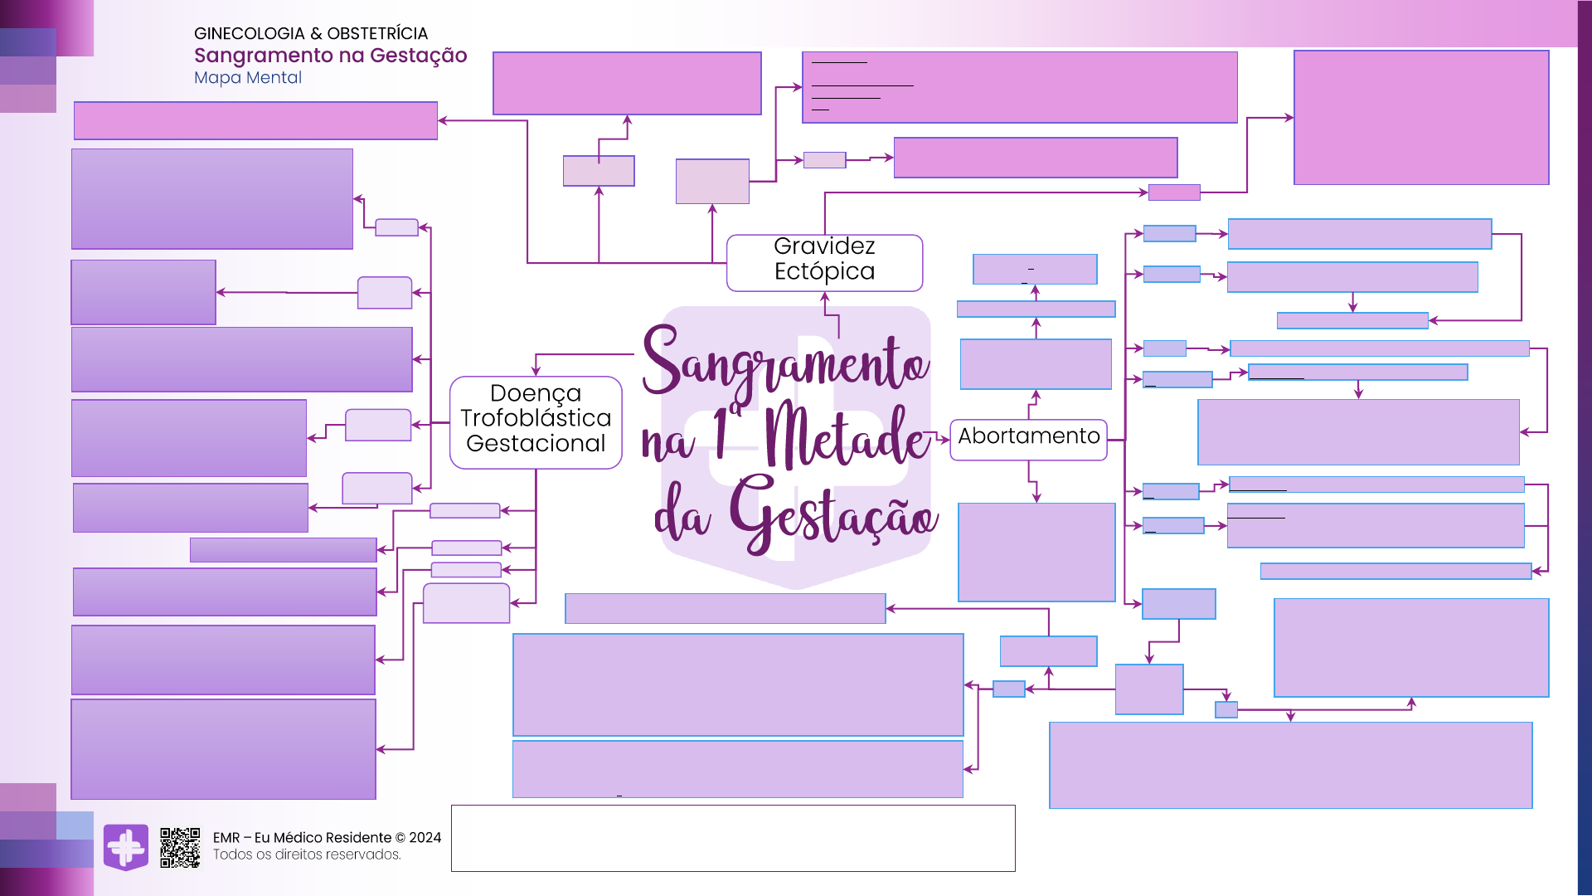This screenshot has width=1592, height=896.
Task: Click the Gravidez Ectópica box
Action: click(x=824, y=262)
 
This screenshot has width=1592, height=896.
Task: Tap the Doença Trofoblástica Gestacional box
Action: click(x=536, y=421)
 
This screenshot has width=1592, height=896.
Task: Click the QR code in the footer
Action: click(x=180, y=847)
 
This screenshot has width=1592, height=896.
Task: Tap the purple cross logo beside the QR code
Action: click(x=126, y=847)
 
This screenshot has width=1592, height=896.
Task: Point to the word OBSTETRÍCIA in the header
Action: click(x=377, y=34)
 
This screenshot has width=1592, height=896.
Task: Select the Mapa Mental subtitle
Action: click(x=248, y=78)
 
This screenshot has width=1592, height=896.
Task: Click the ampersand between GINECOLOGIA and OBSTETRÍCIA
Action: click(x=316, y=34)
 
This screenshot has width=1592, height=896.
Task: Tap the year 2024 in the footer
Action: click(x=425, y=838)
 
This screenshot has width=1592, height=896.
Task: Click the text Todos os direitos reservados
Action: click(x=307, y=855)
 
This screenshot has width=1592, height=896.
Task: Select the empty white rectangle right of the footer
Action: click(x=733, y=838)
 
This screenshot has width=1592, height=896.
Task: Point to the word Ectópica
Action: click(x=824, y=272)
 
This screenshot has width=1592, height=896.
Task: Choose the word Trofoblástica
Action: click(x=536, y=418)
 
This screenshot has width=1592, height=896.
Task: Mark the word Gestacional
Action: click(x=536, y=444)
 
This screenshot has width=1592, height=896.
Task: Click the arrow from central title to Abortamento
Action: click(x=939, y=436)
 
